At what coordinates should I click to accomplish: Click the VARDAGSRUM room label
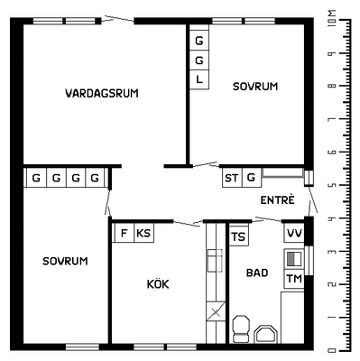coord(102,93)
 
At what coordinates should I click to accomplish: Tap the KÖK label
coord(158,283)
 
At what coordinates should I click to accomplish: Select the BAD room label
coord(257,273)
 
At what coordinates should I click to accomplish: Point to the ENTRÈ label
coord(277,199)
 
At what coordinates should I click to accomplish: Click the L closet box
coord(199,79)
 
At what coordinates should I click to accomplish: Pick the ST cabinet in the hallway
coord(232,178)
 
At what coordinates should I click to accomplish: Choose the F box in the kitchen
coord(124,233)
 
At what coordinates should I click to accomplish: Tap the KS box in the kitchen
coord(143,233)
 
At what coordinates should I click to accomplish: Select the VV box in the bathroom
coord(294,233)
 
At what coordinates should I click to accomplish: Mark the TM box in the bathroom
coord(294,279)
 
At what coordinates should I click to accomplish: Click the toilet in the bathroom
coord(242,329)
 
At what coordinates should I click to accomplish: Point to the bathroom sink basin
coord(266,334)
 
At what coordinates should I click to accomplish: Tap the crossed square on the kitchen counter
coord(216,311)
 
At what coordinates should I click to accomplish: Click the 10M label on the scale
coord(332,19)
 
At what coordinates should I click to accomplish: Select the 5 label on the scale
coord(332,185)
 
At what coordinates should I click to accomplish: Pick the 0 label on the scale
coord(332,350)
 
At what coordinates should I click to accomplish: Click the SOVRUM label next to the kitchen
coord(65,261)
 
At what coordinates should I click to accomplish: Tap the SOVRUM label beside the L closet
coord(255,87)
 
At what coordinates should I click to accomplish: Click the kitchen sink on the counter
coord(215,261)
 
